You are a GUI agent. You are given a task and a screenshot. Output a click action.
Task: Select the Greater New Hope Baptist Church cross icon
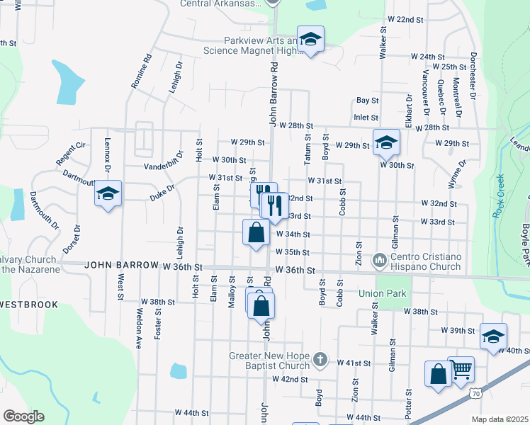320,360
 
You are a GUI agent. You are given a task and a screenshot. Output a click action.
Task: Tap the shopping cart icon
461,369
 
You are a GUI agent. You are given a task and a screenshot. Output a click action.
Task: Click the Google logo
23,416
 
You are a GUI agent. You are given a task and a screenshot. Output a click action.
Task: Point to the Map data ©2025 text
499,419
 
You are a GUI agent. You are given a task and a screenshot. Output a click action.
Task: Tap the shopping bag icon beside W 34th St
256,232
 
